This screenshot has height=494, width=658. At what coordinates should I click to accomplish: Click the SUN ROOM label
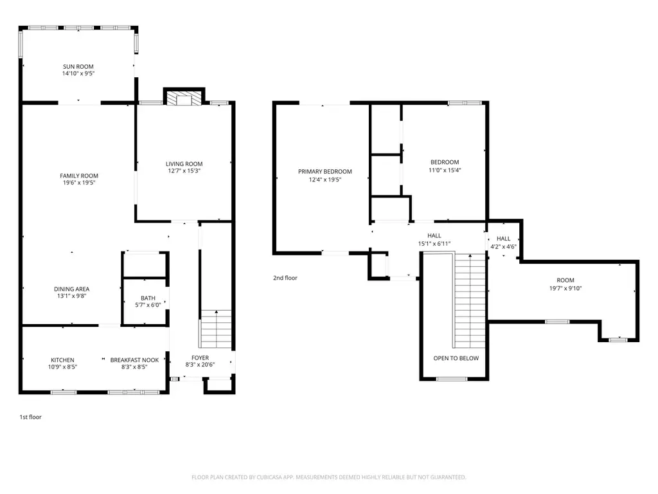point(78,66)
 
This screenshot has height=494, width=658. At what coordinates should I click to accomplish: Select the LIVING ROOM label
point(184,164)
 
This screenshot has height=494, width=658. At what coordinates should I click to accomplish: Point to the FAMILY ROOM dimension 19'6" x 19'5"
point(79,183)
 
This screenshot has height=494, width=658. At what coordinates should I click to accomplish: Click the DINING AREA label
point(72,289)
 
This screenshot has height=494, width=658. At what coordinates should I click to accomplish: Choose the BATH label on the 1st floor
point(148,298)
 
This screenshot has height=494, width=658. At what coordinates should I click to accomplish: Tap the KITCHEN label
point(62,360)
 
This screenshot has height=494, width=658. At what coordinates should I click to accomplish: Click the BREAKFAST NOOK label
point(134,360)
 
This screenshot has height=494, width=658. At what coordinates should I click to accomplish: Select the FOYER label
point(200,358)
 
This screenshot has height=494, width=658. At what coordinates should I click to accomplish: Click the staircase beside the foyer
point(216,329)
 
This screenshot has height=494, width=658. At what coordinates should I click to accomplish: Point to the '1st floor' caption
point(31,417)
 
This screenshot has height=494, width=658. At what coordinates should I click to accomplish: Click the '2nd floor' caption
point(285,278)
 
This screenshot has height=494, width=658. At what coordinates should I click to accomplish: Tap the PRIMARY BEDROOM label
point(325,171)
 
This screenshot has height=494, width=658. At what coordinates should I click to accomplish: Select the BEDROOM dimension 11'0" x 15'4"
point(445,170)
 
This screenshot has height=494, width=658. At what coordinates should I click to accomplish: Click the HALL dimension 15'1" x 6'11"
point(434,244)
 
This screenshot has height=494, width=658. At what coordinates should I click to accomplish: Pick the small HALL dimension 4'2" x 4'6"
point(504,246)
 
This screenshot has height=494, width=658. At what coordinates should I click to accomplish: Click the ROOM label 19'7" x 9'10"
point(565,280)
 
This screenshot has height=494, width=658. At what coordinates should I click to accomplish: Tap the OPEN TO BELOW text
point(456,358)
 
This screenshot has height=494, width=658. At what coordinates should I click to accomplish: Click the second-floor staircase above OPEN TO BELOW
point(470,301)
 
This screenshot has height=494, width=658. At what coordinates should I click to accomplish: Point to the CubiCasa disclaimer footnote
point(328,477)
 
